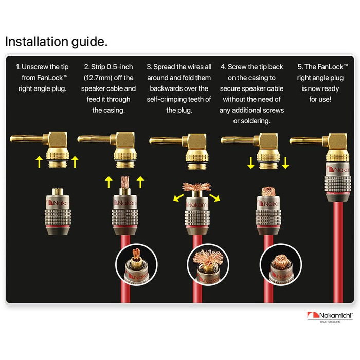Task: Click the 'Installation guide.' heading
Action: [x=56, y=42]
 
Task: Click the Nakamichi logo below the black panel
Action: [x=330, y=317]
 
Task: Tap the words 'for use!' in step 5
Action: [x=320, y=99]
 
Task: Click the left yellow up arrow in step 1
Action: [x=40, y=162]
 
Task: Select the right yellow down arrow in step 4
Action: [x=285, y=163]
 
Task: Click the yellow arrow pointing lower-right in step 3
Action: [x=214, y=197]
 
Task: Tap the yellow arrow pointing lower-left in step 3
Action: [x=178, y=197]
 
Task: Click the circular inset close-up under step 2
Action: [x=137, y=264]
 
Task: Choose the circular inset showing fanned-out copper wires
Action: [x=208, y=264]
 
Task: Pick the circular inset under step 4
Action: [x=281, y=264]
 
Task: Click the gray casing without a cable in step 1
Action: [x=58, y=211]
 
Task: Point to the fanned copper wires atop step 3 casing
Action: [x=197, y=186]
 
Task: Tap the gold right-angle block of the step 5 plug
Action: [x=337, y=141]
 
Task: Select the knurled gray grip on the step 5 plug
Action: [x=337, y=185]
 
